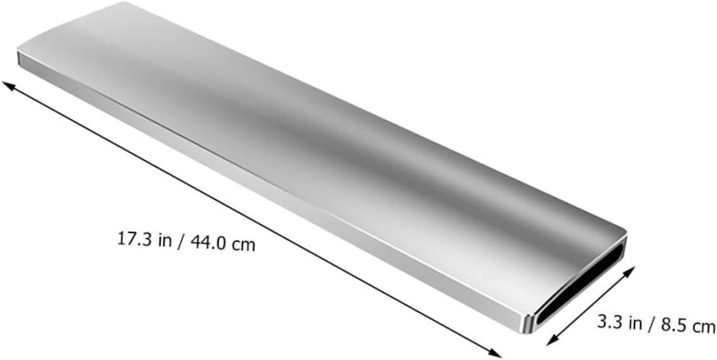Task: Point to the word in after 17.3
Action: coord(166,241)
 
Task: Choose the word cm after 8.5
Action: coord(704,327)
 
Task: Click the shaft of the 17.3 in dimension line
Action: coord(254,219)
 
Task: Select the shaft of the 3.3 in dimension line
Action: coord(591,305)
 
